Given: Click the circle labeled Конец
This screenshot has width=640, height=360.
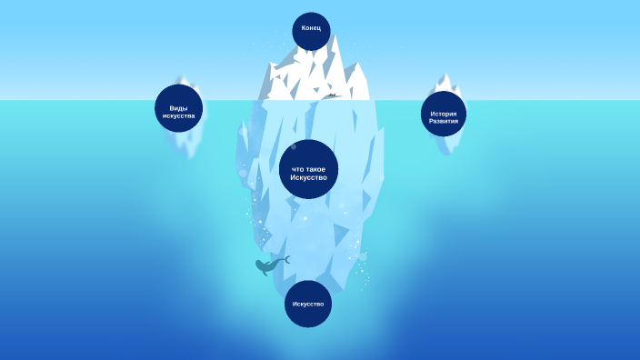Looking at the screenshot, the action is click(x=311, y=30).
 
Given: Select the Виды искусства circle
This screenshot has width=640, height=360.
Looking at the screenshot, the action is click(x=178, y=108).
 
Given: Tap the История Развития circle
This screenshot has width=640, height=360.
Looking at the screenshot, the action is click(x=444, y=114).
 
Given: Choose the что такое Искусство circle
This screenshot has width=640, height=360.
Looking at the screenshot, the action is click(x=308, y=169).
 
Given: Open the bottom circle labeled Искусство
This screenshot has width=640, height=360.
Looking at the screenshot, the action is click(x=308, y=303).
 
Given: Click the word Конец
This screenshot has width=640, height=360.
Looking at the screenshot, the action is click(x=311, y=28).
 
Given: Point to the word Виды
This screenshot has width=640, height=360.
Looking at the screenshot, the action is click(x=178, y=108).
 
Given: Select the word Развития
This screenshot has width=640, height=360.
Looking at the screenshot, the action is click(x=444, y=120).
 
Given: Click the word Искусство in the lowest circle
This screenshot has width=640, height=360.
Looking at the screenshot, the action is click(x=308, y=303).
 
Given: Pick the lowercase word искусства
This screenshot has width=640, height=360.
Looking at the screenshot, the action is click(x=178, y=115).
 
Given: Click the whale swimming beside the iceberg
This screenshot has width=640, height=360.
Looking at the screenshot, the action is click(x=269, y=265).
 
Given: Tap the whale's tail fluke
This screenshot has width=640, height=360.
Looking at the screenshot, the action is click(x=285, y=259).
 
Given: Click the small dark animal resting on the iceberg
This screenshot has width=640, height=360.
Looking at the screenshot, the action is click(x=333, y=95).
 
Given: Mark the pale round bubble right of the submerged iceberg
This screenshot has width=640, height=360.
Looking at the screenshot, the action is click(x=364, y=257).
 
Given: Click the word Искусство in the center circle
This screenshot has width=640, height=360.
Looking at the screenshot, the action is click(x=308, y=176).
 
